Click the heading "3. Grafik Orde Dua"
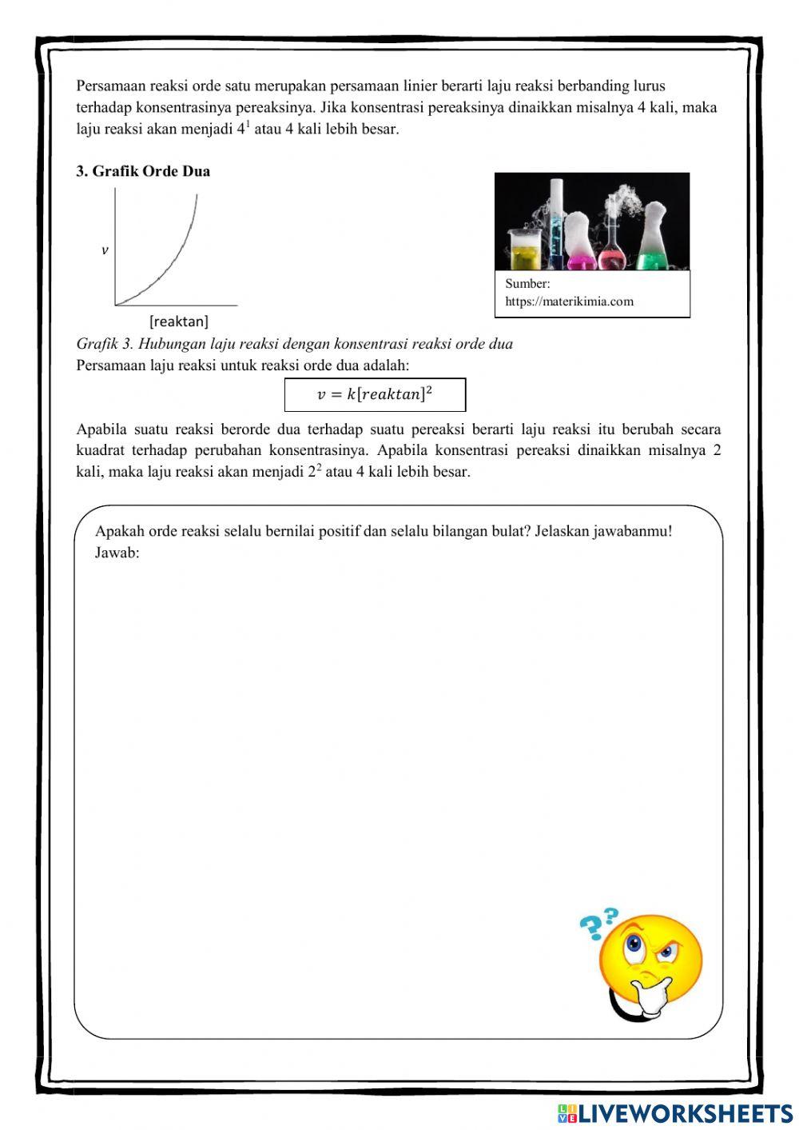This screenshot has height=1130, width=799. [x=143, y=171]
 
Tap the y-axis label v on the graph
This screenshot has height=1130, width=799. [x=105, y=250]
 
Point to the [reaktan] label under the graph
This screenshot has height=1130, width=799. [x=178, y=321]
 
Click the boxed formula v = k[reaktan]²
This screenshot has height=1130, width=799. [x=375, y=394]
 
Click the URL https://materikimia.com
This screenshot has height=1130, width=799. [x=569, y=301]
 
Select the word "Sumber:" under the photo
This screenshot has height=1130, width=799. [x=527, y=283]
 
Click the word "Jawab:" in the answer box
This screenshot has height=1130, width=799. [x=117, y=553]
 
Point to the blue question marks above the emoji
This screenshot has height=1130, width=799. [x=598, y=923]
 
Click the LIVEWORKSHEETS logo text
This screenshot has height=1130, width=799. [x=684, y=1112]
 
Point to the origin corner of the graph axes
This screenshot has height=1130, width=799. [x=116, y=305]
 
